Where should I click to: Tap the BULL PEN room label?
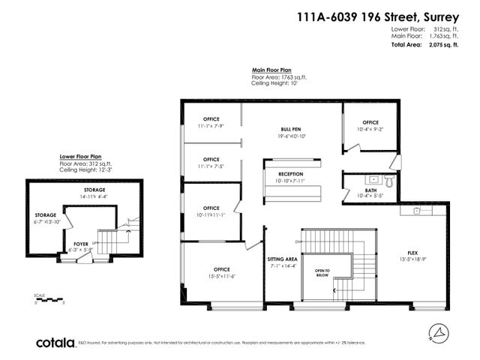point(290,129)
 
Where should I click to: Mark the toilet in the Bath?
point(388,180)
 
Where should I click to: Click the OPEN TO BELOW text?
point(322,272)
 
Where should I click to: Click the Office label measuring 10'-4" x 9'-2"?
point(370,122)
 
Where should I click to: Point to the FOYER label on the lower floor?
point(80,243)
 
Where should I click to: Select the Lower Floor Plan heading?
point(82,157)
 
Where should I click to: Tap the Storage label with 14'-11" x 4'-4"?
point(94,192)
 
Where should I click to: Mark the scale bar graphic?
point(53,299)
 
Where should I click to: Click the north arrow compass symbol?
point(438,331)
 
